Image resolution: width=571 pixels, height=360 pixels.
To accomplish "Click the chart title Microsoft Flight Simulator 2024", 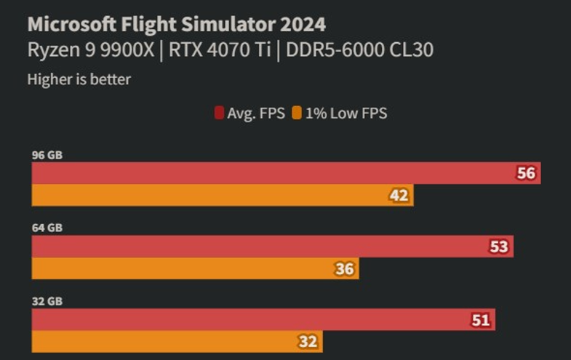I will (176, 24).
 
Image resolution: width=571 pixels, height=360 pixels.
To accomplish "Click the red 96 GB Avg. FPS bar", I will (276, 173).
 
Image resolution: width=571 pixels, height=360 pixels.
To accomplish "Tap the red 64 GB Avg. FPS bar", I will (262, 247).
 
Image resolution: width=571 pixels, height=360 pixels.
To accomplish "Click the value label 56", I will (525, 173).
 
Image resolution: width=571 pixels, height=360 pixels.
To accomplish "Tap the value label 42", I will (399, 195).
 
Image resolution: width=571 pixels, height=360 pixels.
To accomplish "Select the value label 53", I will (498, 247).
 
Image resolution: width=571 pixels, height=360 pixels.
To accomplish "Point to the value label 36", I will (344, 269).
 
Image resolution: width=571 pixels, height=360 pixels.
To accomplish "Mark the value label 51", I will (480, 319).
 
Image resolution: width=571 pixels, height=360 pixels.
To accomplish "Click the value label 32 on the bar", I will (308, 341).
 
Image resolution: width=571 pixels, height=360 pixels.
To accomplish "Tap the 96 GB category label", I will (47, 154).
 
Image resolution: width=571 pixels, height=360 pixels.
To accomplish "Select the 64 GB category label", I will (47, 228).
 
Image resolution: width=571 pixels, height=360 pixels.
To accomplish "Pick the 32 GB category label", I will (47, 300).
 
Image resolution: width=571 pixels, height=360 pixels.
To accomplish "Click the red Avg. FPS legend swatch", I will (219, 113).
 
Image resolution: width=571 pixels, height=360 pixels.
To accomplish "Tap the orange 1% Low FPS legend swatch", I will (297, 113).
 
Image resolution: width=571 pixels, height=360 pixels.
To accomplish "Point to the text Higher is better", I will (79, 79).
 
